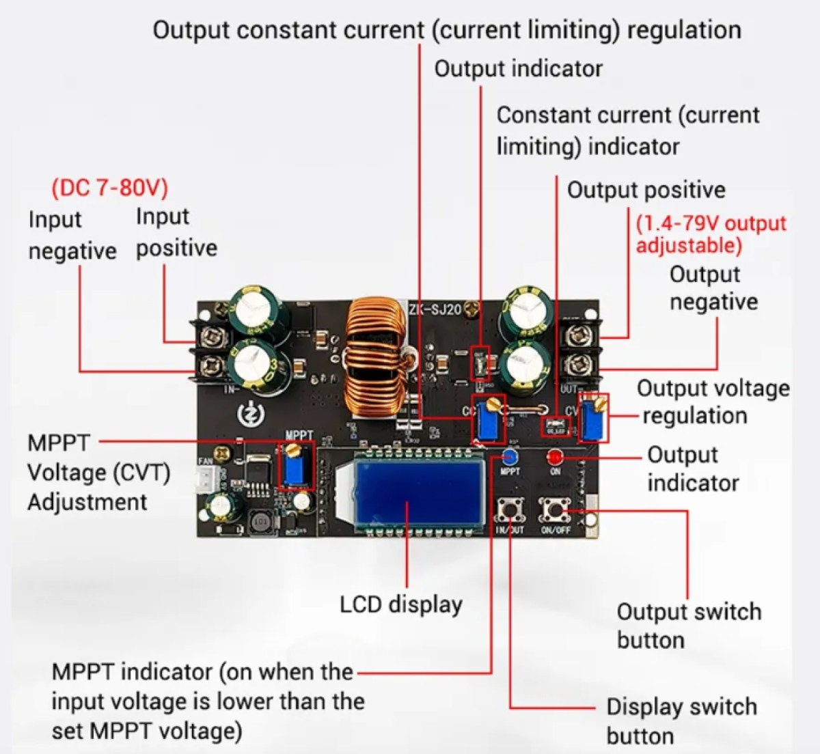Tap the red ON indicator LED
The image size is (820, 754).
coord(554,456)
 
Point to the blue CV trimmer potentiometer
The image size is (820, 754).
coord(593,419)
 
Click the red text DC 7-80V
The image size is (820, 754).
coord(109,188)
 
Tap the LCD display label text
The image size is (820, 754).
coord(401,604)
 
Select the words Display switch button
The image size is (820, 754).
coord(681,721)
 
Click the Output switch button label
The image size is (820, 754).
coord(688,626)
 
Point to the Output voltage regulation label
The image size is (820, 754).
coord(713,402)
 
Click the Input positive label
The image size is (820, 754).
coord(176,232)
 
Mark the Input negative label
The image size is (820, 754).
coord(72,236)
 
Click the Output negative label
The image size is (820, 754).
coord(713,288)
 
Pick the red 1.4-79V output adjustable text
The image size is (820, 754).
coord(711,234)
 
